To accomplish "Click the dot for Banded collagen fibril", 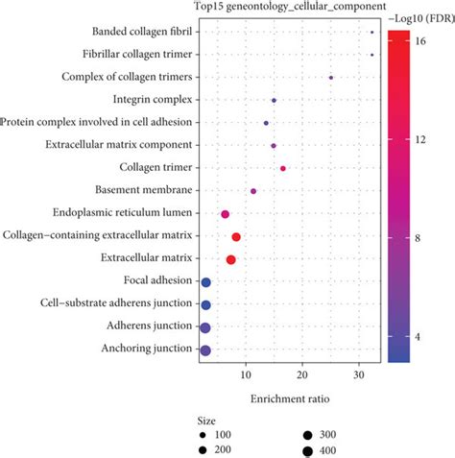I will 371,33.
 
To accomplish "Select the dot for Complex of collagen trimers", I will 331,78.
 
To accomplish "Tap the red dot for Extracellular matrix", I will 230,259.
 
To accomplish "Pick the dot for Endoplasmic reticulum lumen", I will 226,214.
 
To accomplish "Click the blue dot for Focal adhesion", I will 205,282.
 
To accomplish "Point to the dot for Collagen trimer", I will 282,169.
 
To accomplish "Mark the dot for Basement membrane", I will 253,191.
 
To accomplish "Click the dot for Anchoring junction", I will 204,350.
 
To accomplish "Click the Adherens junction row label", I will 149,326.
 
